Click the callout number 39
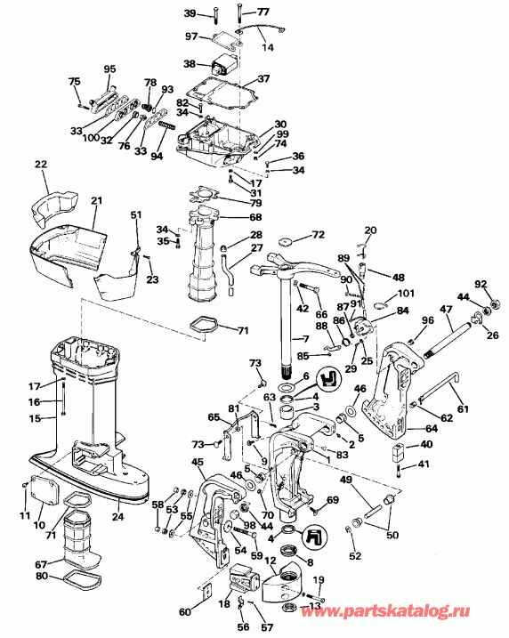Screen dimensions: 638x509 [190, 12]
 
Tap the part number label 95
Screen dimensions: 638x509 [110, 69]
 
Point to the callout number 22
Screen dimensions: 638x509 [41, 165]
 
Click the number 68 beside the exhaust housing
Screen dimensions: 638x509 [255, 218]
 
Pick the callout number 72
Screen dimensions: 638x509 [317, 235]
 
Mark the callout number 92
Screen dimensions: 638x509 [482, 285]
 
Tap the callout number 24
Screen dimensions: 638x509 [117, 513]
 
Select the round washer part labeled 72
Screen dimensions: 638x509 [286, 242]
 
